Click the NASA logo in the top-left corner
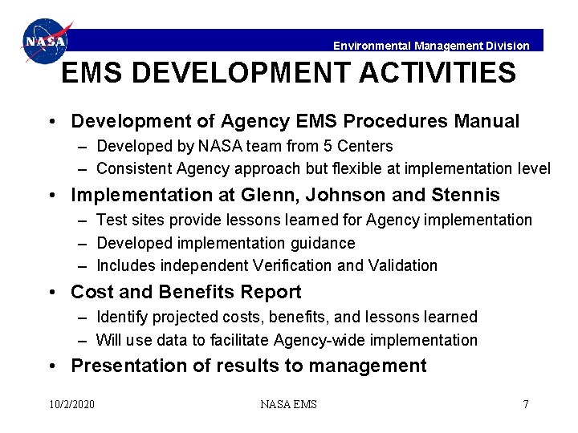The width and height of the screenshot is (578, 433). click(x=46, y=41)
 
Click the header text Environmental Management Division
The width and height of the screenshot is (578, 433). click(x=431, y=46)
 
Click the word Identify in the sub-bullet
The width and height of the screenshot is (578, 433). click(x=121, y=318)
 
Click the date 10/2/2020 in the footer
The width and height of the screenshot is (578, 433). click(x=71, y=404)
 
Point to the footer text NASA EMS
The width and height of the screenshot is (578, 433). click(x=288, y=404)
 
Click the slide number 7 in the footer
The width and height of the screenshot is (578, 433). click(x=526, y=404)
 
